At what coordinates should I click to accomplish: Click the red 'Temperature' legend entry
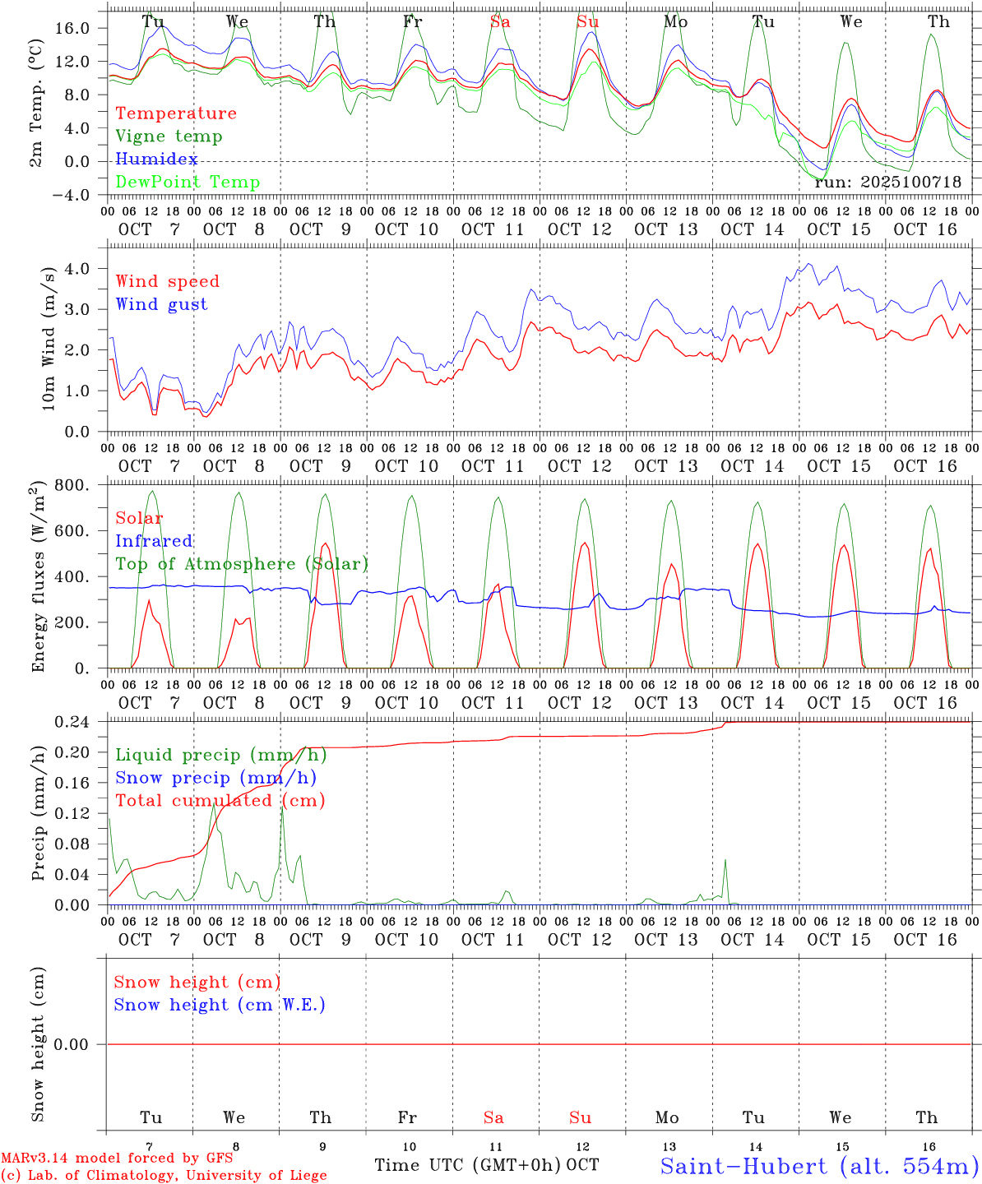tap(176, 113)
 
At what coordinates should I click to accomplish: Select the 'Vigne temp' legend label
tap(169, 136)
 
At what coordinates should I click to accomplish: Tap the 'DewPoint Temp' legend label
tap(188, 183)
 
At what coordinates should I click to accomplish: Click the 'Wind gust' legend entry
tap(161, 304)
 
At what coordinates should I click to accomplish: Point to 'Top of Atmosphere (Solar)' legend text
tap(242, 564)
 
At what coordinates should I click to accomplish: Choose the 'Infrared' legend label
tap(154, 541)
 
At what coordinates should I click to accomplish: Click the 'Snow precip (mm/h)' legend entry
tap(215, 778)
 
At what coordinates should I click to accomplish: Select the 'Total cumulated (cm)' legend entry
tap(220, 801)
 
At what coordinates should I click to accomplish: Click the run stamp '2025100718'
tap(910, 183)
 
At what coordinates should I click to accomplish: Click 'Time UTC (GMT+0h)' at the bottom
tap(468, 1165)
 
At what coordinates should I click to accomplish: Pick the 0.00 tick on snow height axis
tap(81, 1044)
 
